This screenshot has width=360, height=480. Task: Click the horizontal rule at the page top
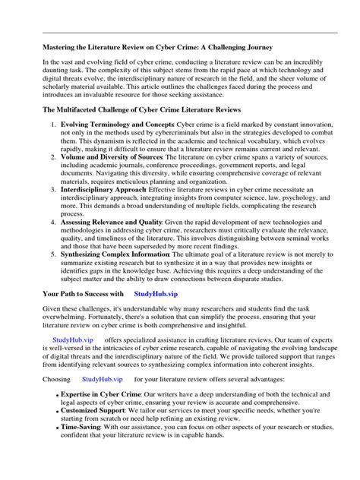190,33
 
